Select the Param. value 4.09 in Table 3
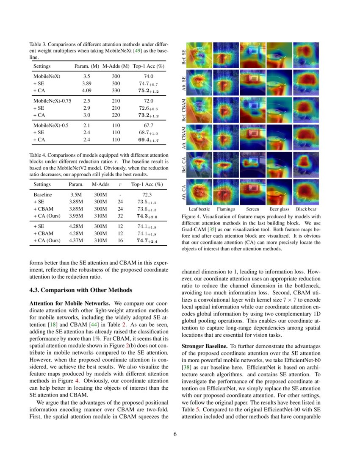[86, 90]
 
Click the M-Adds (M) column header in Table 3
[113, 66]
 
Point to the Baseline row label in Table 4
[42, 194]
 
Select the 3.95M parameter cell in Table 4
[76, 216]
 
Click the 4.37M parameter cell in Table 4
[76, 241]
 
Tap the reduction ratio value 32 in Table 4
[120, 216]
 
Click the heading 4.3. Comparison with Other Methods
[80, 290]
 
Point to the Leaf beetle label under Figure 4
[199, 209]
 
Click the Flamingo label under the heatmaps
[226, 209]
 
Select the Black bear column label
[306, 209]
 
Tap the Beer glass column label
[280, 209]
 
